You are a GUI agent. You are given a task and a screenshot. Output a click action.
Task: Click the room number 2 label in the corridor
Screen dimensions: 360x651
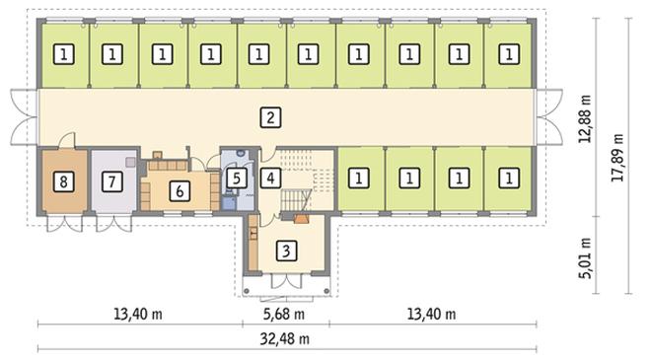269,117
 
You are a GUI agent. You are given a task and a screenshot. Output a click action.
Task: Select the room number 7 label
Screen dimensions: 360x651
110,180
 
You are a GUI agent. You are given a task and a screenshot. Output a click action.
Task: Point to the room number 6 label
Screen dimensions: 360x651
179,190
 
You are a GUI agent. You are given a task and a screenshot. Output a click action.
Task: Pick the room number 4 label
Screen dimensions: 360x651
269,179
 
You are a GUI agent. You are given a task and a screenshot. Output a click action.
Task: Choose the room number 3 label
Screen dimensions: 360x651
286,250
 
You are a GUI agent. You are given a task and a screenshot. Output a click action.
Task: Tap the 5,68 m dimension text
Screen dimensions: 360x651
284,315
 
